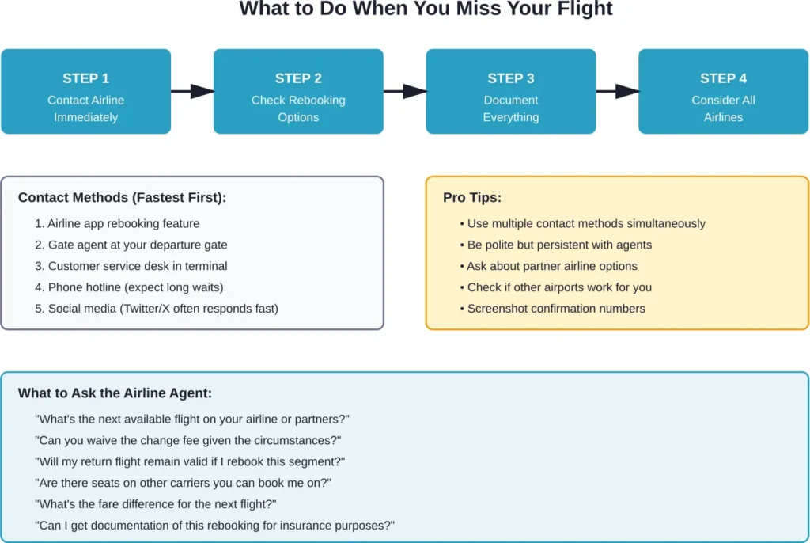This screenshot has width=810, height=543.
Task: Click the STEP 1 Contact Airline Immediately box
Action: click(85, 92)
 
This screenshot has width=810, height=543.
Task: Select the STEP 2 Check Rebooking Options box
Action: click(298, 92)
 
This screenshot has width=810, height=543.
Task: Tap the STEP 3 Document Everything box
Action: click(510, 92)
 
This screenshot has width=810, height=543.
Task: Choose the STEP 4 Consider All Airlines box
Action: click(723, 92)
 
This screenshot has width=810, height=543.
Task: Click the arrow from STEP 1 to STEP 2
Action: click(192, 91)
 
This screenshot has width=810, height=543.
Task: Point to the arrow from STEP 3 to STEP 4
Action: click(617, 91)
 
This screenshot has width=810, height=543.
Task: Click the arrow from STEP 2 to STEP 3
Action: click(405, 91)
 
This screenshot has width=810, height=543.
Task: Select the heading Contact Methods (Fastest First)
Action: click(122, 198)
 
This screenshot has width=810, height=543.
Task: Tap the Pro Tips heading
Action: click(471, 198)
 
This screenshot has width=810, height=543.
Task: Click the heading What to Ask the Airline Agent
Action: click(115, 393)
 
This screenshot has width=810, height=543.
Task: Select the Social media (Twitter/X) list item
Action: click(157, 309)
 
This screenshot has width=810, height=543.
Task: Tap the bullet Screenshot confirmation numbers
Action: click(555, 309)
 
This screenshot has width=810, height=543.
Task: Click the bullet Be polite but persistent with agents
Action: click(559, 245)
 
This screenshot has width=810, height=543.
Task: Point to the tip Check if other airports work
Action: click(559, 287)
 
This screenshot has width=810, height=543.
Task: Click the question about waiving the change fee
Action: click(188, 441)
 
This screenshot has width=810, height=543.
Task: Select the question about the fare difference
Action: click(156, 504)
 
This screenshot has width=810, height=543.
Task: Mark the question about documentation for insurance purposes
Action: click(214, 526)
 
